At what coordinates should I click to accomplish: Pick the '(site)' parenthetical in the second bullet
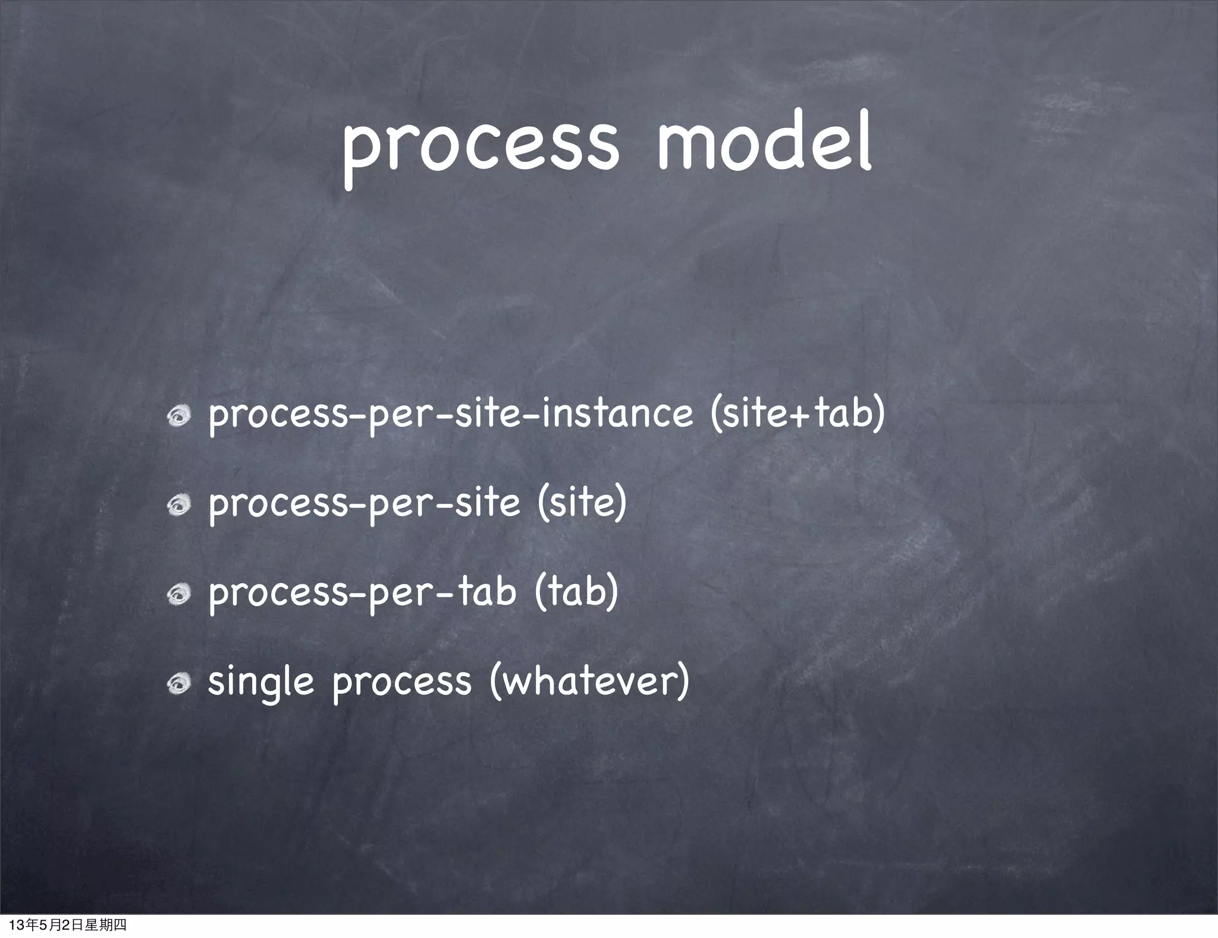(x=581, y=503)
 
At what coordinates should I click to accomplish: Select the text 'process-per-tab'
(x=362, y=593)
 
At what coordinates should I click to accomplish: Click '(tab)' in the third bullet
(x=576, y=592)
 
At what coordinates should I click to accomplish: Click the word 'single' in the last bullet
(x=260, y=682)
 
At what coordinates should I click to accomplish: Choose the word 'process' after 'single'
(x=401, y=682)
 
